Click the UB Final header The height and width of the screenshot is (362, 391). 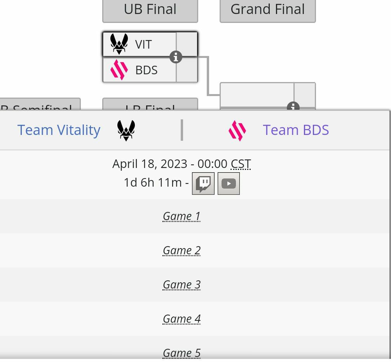(150, 9)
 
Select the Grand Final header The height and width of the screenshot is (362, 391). (267, 9)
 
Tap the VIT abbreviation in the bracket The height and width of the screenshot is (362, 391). (143, 45)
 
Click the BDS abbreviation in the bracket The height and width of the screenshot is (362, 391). (146, 70)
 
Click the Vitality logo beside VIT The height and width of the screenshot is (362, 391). (119, 44)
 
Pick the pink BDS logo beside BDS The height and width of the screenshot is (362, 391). (119, 70)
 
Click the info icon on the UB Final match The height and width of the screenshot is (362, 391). (176, 57)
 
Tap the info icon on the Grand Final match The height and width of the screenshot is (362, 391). (293, 107)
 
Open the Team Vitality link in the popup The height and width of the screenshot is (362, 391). (59, 130)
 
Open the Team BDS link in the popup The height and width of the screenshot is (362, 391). (296, 130)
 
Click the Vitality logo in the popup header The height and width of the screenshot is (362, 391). (126, 130)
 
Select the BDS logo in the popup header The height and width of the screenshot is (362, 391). (237, 130)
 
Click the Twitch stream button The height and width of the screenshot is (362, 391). (203, 183)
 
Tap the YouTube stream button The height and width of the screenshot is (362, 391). (229, 183)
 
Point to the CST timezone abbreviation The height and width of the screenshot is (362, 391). (241, 164)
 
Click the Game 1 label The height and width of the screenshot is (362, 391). (182, 216)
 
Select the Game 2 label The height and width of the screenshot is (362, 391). (182, 250)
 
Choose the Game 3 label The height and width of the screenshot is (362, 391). (182, 285)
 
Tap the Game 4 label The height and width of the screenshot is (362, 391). (182, 319)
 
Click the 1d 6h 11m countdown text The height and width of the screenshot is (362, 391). (152, 182)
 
